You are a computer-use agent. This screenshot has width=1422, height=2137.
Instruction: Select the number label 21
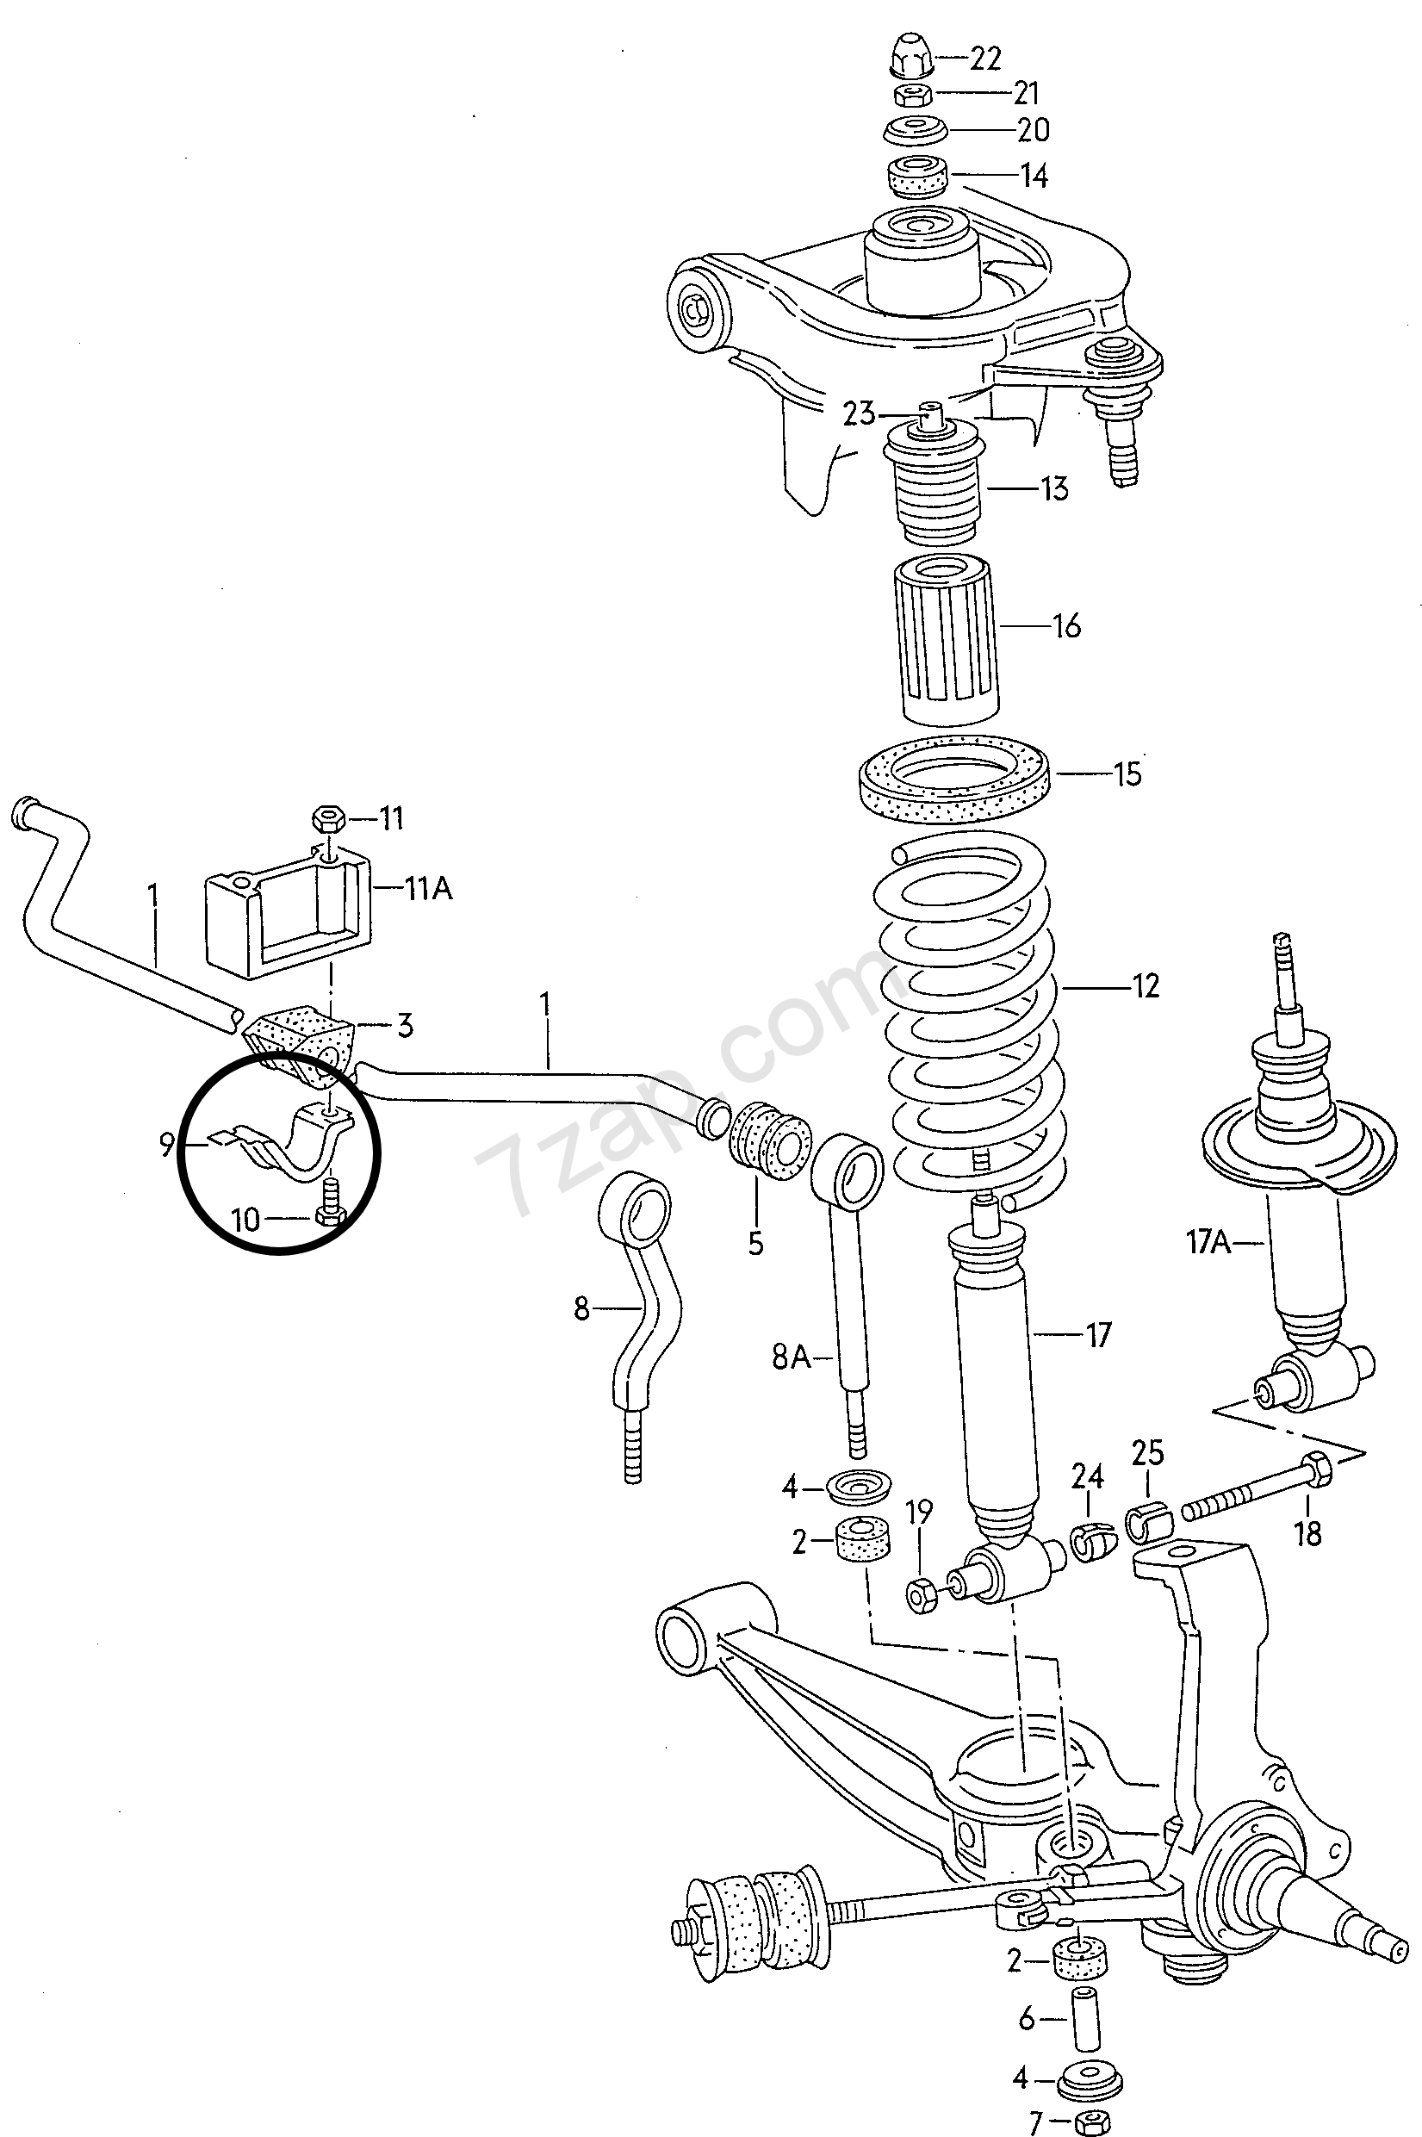pyautogui.click(x=1026, y=92)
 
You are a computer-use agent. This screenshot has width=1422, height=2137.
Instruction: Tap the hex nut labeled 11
pyautogui.click(x=326, y=820)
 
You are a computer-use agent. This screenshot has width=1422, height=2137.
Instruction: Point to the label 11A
pyautogui.click(x=428, y=889)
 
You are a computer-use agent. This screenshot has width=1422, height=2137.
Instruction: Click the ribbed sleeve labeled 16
pyautogui.click(x=946, y=638)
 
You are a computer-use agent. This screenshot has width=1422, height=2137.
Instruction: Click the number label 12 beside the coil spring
pyautogui.click(x=1146, y=985)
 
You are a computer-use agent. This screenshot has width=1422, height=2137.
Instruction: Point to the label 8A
pyautogui.click(x=790, y=1358)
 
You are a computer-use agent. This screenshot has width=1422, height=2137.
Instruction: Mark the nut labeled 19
pyautogui.click(x=922, y=1593)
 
